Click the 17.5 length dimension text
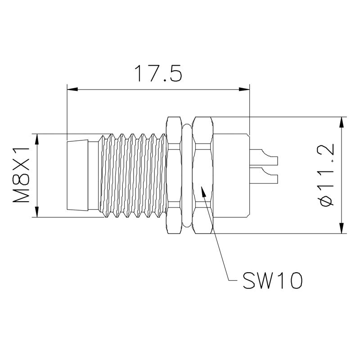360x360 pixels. [158, 73]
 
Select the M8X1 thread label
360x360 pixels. [21, 175]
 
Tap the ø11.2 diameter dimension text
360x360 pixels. [325, 175]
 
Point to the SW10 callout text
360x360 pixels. [273, 280]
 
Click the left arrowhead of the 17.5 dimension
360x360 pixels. [72, 89]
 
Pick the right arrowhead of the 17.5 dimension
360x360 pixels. [244, 89]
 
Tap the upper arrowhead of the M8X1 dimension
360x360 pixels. [37, 139]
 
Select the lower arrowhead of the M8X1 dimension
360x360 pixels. [37, 211]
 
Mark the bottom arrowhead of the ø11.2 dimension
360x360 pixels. [342, 228]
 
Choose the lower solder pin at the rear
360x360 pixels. [264, 175]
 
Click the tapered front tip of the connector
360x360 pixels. [77, 175]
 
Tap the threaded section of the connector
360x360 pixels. [132, 175]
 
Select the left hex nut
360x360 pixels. [174, 175]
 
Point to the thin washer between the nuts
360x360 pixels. [187, 175]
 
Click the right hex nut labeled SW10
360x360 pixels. [202, 175]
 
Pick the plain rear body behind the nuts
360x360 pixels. [231, 175]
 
